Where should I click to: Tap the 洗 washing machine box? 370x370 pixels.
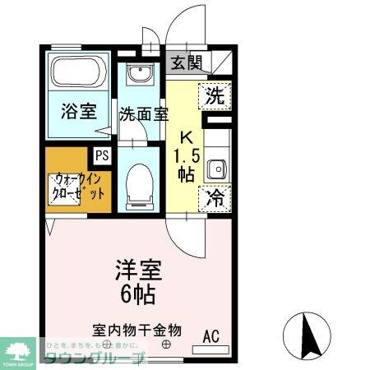(x=214, y=95)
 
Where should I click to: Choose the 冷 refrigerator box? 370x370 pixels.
(x=214, y=197)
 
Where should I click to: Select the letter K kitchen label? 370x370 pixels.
(x=187, y=136)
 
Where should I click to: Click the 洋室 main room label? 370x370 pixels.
(x=138, y=269)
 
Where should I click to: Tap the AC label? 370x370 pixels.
(x=212, y=335)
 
